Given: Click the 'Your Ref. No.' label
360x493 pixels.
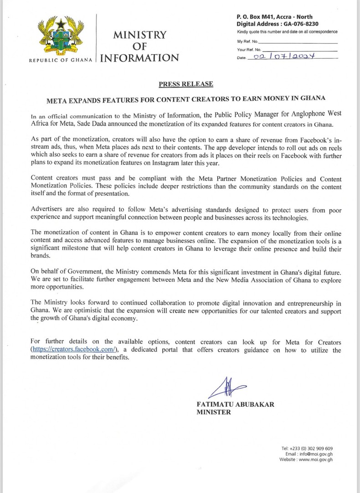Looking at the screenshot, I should pos(249,49).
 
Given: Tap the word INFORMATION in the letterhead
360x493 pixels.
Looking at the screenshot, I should pos(139,58).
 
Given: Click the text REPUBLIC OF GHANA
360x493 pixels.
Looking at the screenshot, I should pos(61,60).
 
